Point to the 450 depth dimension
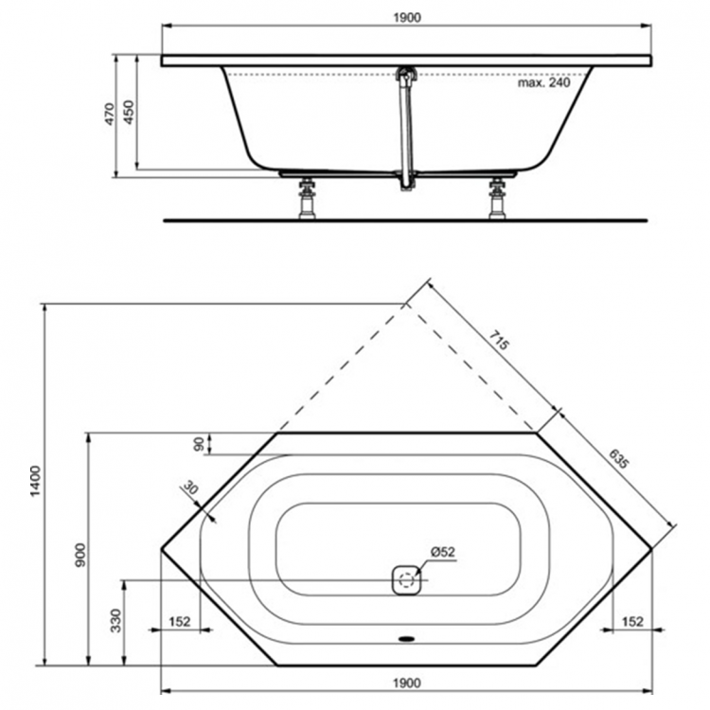(131, 111)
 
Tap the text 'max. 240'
(545, 82)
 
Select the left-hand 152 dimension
(180, 621)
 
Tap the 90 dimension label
(199, 442)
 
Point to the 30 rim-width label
(191, 490)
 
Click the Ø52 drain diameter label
(444, 552)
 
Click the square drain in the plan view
(405, 578)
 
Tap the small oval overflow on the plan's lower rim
(407, 637)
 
